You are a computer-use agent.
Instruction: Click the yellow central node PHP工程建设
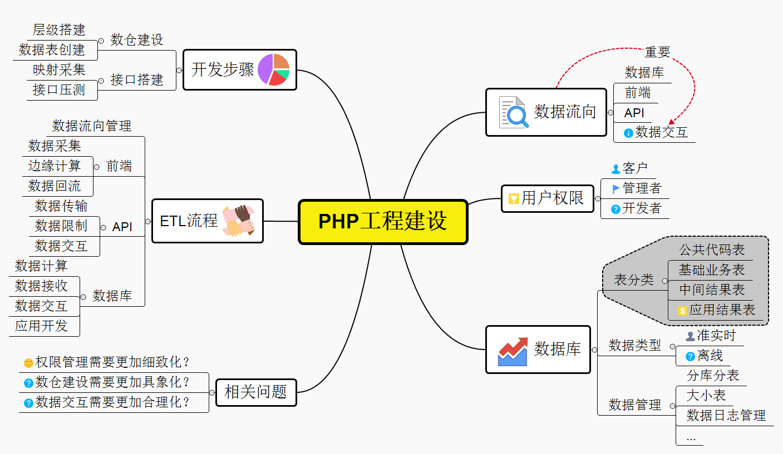(383, 222)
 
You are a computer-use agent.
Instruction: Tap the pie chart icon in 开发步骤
(273, 69)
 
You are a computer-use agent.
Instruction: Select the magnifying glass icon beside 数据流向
(513, 113)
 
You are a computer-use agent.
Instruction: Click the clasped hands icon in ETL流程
(238, 221)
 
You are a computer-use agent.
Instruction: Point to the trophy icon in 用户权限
(513, 198)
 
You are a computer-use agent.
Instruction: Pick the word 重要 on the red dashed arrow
(657, 52)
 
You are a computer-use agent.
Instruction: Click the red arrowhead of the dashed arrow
(672, 122)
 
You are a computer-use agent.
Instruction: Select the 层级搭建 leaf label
(59, 30)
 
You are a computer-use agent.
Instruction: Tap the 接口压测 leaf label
(59, 90)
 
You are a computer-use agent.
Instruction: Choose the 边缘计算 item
(55, 166)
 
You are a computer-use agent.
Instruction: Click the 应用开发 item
(41, 326)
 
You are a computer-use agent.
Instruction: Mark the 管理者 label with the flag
(642, 188)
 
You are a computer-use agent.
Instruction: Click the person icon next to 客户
(615, 168)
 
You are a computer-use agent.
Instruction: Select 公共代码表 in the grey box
(711, 250)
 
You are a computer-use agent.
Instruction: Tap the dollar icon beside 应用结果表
(682, 311)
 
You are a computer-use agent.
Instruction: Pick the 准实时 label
(716, 336)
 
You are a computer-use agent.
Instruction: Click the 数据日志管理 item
(726, 415)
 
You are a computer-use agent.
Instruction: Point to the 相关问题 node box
(255, 392)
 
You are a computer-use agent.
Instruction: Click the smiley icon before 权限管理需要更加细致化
(28, 363)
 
